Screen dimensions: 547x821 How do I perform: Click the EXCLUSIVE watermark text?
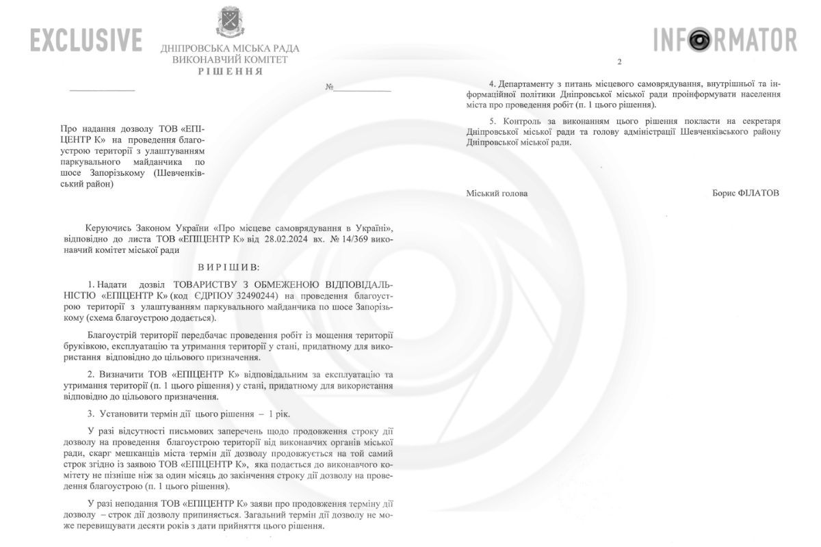pos(86,40)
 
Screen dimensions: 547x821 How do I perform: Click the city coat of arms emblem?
pos(229,21)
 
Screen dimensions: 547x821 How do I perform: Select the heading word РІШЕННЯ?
pos(230,71)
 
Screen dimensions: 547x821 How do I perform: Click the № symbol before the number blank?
pos(329,88)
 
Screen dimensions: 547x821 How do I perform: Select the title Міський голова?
pos(497,194)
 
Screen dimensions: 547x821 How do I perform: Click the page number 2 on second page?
pos(619,62)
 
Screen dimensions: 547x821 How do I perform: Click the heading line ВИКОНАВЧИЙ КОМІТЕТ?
pos(230,60)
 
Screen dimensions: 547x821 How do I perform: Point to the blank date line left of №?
pos(103,89)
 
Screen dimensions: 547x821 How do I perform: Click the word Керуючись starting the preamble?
pos(109,228)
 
